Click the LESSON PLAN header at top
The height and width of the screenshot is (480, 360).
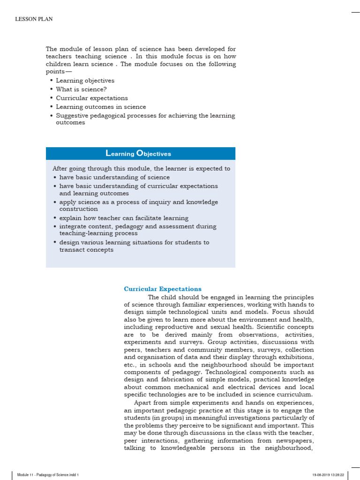[34, 19]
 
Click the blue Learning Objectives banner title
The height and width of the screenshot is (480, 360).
[139, 154]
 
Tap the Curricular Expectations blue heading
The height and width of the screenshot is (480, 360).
[163, 289]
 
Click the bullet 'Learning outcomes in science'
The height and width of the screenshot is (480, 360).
[101, 107]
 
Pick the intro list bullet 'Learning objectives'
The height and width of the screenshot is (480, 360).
[85, 81]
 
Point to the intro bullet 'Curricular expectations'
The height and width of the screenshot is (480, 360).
[92, 98]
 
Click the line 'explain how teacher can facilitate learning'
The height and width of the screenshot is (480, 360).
[124, 218]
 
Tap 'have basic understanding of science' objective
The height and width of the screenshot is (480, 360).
[114, 177]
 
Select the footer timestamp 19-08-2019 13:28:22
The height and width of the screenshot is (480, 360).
[328, 475]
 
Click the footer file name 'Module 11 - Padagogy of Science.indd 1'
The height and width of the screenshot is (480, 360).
[48, 475]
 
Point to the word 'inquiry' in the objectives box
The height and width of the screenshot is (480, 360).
[164, 202]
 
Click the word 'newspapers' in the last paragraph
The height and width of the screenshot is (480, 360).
[296, 441]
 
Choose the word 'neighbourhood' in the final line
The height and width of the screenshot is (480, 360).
[289, 448]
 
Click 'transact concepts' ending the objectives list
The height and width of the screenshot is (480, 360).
[86, 250]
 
